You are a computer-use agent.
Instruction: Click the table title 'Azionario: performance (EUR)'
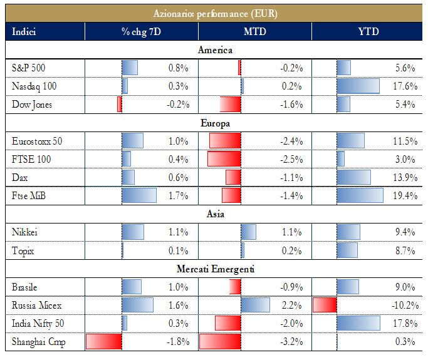216,13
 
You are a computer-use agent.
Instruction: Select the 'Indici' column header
24,31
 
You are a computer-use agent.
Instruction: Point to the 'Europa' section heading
216,123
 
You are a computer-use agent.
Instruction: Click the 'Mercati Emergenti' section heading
216,269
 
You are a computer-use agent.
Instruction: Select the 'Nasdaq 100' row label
32,86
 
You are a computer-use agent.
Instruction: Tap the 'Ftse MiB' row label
29,196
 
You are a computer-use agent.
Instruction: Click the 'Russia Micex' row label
36,306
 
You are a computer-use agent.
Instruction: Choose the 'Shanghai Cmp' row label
38,342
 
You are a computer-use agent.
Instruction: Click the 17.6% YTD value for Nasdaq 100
402,86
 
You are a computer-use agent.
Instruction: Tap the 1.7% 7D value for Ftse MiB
178,196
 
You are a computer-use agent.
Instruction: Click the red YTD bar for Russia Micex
325,306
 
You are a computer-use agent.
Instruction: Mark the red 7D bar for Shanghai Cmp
103,342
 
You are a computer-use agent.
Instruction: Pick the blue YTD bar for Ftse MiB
360,196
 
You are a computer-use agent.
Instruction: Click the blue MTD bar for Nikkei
248,232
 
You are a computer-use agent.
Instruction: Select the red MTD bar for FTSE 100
224,159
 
